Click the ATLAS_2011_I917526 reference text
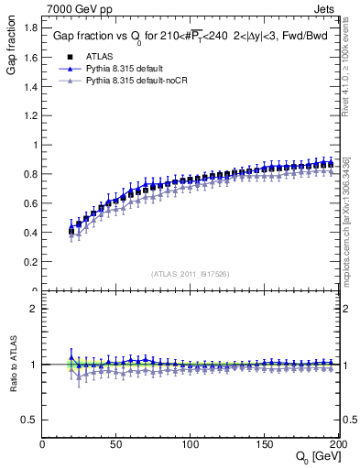click(190, 274)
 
